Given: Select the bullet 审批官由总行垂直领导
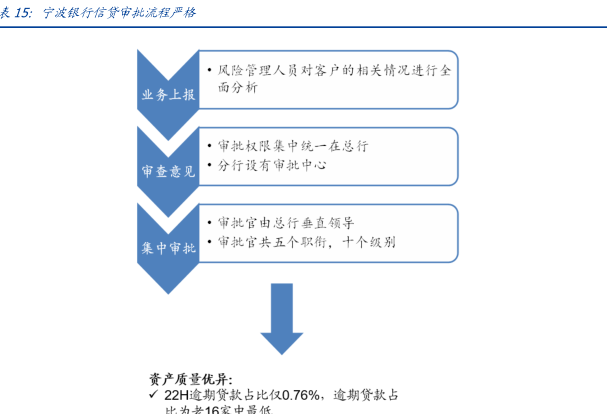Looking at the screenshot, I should coord(285,223).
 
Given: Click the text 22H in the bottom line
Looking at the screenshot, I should coord(177,395).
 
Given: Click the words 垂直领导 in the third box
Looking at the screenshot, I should coord(329,223).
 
